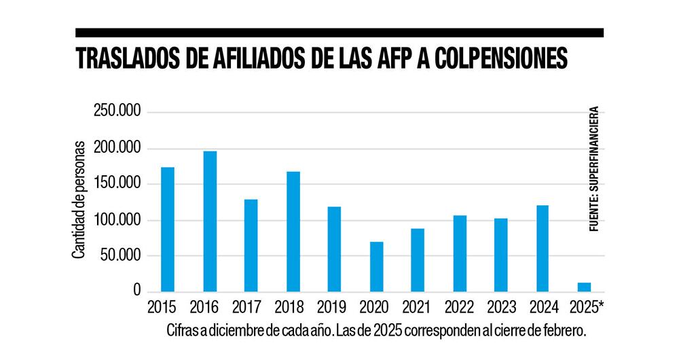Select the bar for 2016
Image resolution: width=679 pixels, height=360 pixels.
(x=210, y=221)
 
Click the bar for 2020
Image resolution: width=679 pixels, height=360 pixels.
(x=376, y=266)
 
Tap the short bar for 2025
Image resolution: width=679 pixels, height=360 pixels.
(x=584, y=287)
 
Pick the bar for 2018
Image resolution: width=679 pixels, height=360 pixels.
(x=293, y=232)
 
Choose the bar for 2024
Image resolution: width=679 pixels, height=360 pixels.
(x=542, y=249)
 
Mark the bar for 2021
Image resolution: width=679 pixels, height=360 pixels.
(x=418, y=260)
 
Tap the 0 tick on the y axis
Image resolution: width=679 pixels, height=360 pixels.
(x=136, y=291)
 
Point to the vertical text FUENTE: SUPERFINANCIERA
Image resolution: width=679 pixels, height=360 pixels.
(x=594, y=170)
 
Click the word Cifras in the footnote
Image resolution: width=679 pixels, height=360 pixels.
(x=181, y=331)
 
